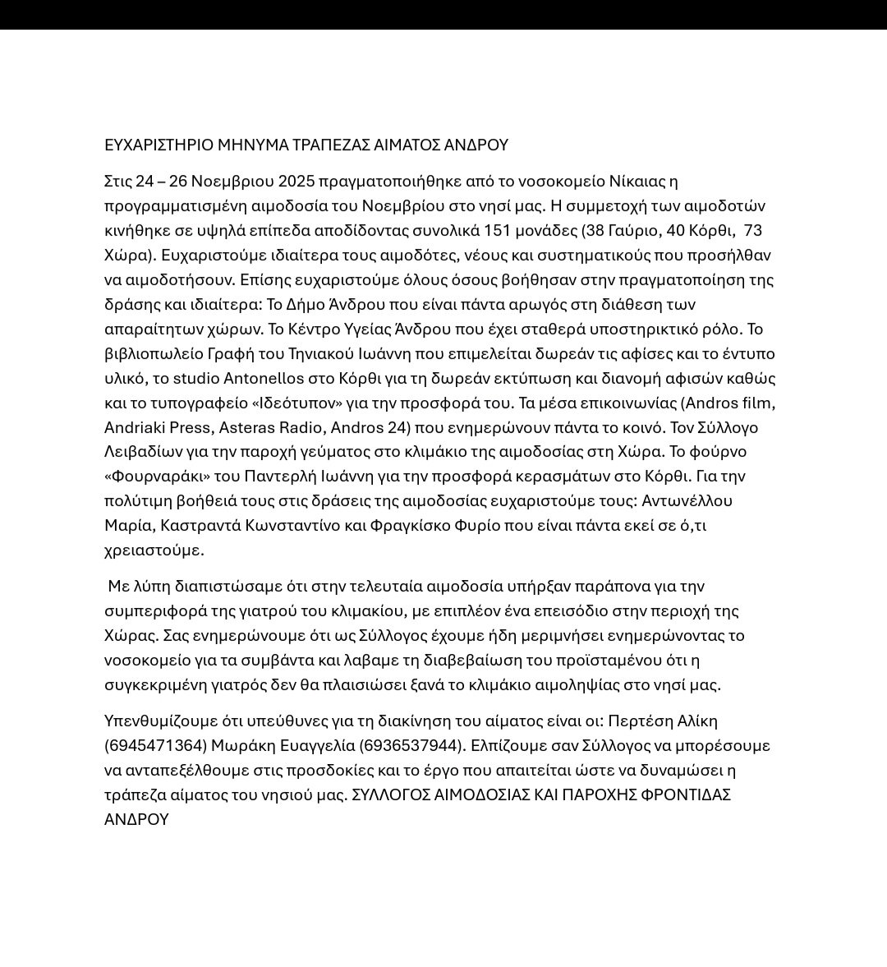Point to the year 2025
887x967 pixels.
coord(297,182)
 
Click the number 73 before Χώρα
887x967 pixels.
coord(752,230)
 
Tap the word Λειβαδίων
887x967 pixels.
coord(142,452)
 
